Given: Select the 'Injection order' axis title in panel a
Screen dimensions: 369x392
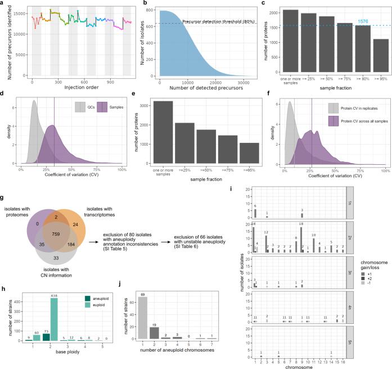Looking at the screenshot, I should (82, 86).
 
